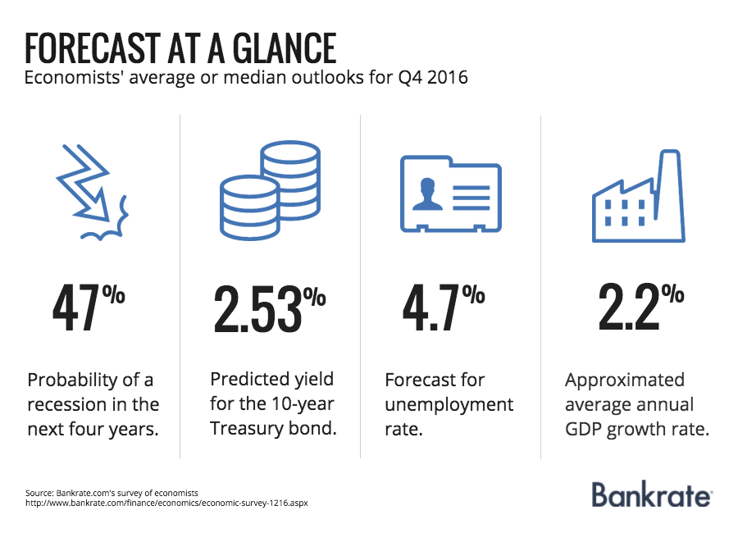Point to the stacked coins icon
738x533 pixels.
[271, 192]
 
